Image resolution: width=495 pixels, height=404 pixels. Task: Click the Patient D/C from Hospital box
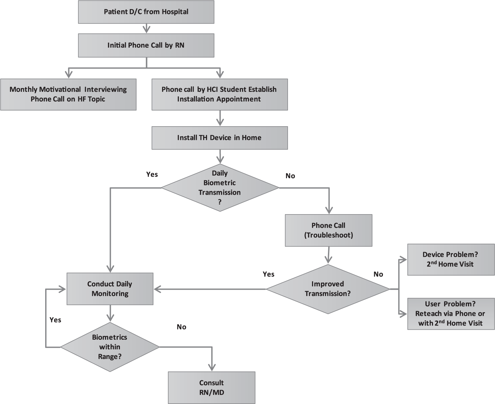point(146,12)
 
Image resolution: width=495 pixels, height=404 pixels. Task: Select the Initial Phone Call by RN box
point(146,45)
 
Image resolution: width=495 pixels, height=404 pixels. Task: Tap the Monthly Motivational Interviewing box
point(68,94)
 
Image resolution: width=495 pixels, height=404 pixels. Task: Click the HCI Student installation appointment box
point(220,94)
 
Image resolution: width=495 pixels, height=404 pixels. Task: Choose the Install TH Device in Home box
point(220,138)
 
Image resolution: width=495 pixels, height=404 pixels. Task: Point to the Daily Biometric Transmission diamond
point(220,188)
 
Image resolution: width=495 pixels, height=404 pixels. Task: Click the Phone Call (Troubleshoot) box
point(329,230)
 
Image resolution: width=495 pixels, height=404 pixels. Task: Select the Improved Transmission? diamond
point(328,289)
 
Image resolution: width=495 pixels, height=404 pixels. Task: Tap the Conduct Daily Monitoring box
point(110,289)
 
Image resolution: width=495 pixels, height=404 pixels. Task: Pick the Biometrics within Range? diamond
point(110,347)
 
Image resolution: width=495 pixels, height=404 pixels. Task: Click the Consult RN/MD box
point(212,387)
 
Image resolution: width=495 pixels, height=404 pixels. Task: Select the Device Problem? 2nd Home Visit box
point(451,260)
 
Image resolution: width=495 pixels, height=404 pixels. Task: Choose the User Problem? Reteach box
point(451,314)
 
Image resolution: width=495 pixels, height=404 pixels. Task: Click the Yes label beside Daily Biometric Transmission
point(152,174)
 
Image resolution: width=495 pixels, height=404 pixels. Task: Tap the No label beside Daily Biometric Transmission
point(290,176)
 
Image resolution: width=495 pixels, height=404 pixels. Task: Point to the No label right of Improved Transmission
point(378,274)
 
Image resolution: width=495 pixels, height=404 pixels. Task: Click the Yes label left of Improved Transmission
point(268,274)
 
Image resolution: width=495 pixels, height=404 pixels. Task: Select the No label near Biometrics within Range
point(181,327)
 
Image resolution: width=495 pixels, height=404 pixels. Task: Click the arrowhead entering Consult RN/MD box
point(212,368)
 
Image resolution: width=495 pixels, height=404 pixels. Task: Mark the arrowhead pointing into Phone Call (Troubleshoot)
point(329,210)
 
